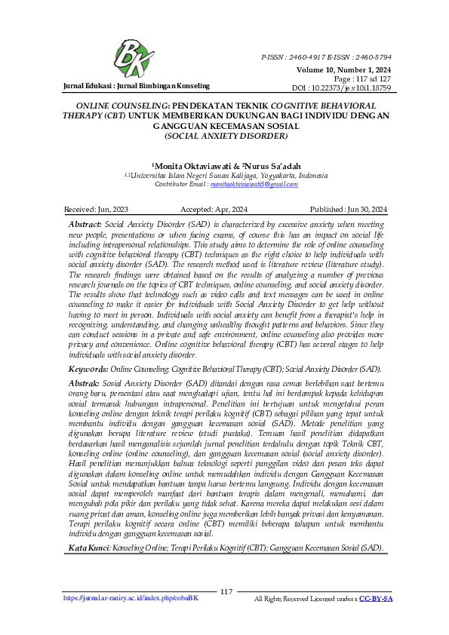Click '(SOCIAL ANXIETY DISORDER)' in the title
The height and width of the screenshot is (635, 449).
coord(224,137)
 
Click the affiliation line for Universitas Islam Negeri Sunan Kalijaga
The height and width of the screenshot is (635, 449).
coord(226,175)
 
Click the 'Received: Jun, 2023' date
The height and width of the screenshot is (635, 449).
coord(97,209)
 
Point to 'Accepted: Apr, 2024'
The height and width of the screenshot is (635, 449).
coord(215,209)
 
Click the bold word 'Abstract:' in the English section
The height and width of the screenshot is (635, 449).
coord(85,225)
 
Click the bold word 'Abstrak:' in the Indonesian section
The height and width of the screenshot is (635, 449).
coord(85,383)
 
